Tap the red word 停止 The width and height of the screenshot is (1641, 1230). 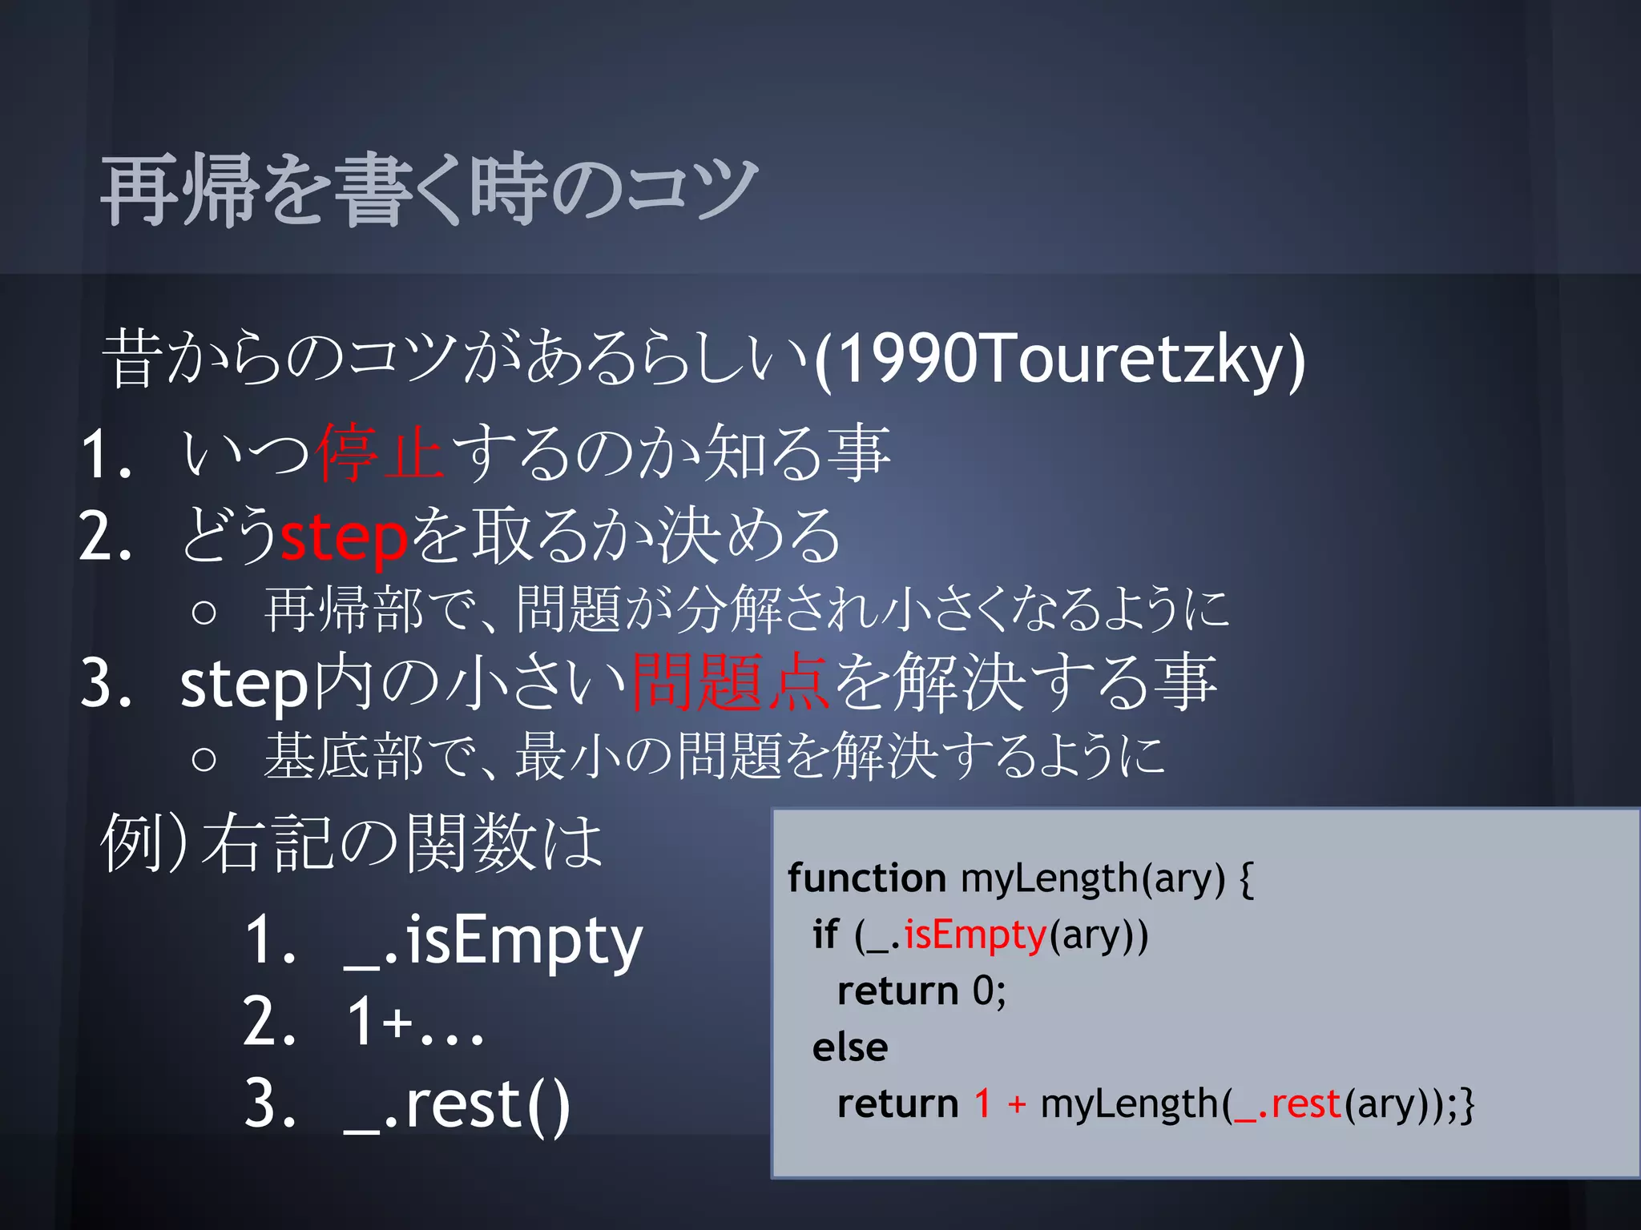(x=379, y=453)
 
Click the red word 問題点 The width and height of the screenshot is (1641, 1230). (x=729, y=683)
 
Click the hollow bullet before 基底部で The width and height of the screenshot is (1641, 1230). (x=204, y=758)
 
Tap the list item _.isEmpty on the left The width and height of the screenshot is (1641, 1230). (x=493, y=940)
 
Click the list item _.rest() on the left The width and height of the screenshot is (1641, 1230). (x=457, y=1105)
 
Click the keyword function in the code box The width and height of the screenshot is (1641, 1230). (x=866, y=878)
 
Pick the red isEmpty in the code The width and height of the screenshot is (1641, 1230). (x=975, y=935)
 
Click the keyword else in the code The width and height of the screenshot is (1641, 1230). (x=850, y=1047)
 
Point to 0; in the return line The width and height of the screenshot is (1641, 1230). (x=989, y=991)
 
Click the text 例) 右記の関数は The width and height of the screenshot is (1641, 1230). (x=351, y=843)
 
